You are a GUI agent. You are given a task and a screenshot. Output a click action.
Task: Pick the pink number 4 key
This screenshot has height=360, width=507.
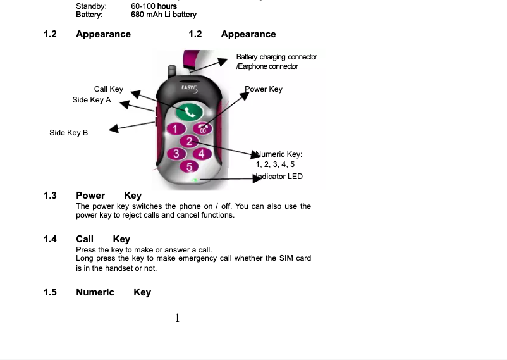(x=202, y=153)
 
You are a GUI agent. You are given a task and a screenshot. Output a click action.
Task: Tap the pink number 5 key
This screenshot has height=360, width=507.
(x=189, y=166)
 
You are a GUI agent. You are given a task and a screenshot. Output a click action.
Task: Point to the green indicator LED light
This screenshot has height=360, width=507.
(x=197, y=180)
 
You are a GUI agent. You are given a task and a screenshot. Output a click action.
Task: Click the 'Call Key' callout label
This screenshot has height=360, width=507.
(x=109, y=89)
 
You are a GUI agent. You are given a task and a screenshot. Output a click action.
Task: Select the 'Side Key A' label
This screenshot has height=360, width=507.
(x=92, y=100)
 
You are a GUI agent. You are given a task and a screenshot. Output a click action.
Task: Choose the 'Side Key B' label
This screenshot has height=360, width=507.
(x=69, y=133)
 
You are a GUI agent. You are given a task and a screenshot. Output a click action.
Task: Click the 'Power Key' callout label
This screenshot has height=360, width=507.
(x=264, y=89)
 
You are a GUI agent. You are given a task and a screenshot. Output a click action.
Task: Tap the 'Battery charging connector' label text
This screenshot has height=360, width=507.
(x=276, y=57)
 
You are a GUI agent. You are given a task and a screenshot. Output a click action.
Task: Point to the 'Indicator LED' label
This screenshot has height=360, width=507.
(x=281, y=177)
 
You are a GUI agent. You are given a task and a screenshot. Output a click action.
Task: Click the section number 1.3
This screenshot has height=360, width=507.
(x=50, y=196)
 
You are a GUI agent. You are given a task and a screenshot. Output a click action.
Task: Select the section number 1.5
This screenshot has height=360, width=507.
(x=50, y=292)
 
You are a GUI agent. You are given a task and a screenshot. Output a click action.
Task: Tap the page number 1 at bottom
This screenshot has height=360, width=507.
(x=178, y=318)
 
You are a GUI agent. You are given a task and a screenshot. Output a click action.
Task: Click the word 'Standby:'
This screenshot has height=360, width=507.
(x=91, y=6)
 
